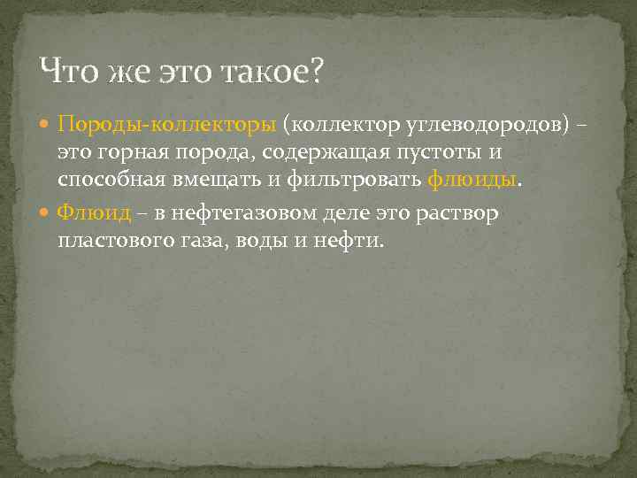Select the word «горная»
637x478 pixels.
(145, 153)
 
